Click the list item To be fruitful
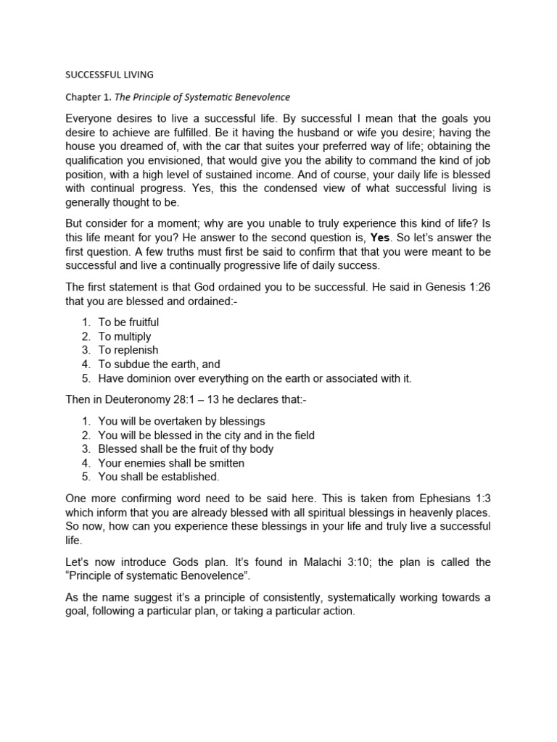[x=128, y=322]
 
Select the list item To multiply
[x=125, y=336]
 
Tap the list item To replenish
[x=128, y=350]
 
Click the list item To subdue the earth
[x=159, y=364]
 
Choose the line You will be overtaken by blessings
[x=181, y=421]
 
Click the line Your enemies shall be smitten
[x=171, y=463]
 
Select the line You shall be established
[x=158, y=477]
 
